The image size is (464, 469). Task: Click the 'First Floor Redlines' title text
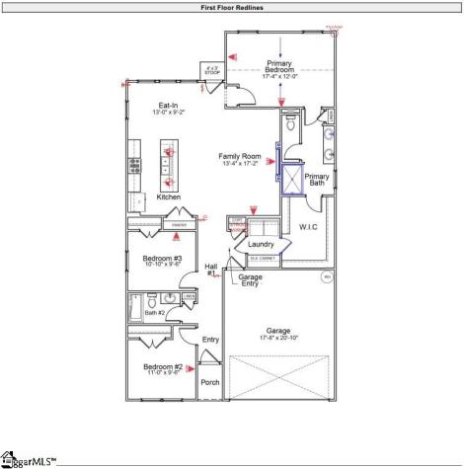[x=231, y=6]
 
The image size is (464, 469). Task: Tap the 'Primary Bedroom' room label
[x=280, y=66]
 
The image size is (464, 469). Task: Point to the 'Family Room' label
[x=240, y=156]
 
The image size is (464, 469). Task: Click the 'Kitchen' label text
[x=169, y=197]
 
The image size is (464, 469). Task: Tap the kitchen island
[x=168, y=164]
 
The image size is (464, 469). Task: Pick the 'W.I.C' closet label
[x=308, y=228]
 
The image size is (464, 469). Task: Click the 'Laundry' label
[x=261, y=244]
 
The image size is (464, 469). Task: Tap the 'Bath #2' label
[x=155, y=313]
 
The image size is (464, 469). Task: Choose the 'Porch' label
[x=210, y=382]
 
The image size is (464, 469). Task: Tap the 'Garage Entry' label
[x=250, y=280]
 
